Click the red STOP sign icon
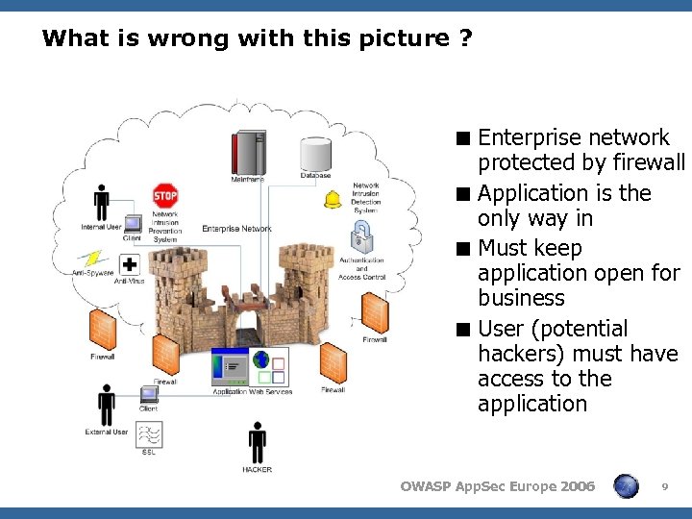pyautogui.click(x=165, y=195)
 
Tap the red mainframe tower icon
pyautogui.click(x=247, y=154)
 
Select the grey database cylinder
pyautogui.click(x=315, y=154)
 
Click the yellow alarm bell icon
pyautogui.click(x=334, y=199)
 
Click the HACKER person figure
pyautogui.click(x=257, y=444)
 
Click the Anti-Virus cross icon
pyautogui.click(x=129, y=265)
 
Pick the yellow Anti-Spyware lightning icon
pyautogui.click(x=93, y=259)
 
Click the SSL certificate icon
pyautogui.click(x=149, y=434)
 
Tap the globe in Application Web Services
pyautogui.click(x=261, y=361)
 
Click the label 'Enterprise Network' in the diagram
pyautogui.click(x=236, y=229)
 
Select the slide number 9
pyautogui.click(x=665, y=488)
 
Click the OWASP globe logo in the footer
pyautogui.click(x=626, y=486)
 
